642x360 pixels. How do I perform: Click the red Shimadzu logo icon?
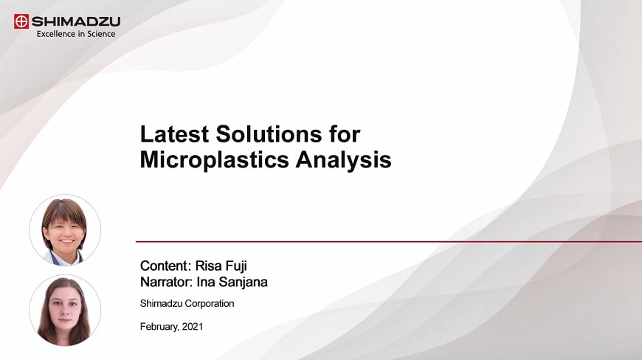pyautogui.click(x=21, y=21)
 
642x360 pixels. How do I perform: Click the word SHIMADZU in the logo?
pyautogui.click(x=75, y=21)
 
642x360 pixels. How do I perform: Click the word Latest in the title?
pyautogui.click(x=174, y=134)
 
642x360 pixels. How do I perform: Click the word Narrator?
pyautogui.click(x=165, y=281)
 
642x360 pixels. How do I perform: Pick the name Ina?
pyautogui.click(x=206, y=281)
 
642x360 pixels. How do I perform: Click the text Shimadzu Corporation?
pyautogui.click(x=187, y=303)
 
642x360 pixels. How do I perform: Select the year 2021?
pyautogui.click(x=192, y=326)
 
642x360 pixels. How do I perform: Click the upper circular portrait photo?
pyautogui.click(x=65, y=230)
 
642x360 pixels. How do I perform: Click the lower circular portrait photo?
pyautogui.click(x=65, y=311)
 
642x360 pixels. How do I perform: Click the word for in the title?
pyautogui.click(x=344, y=134)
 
